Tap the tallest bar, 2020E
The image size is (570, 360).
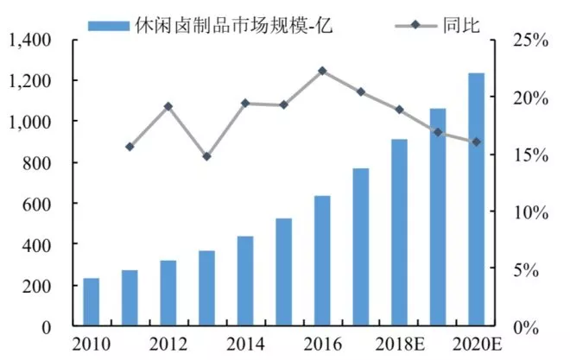pyautogui.click(x=476, y=200)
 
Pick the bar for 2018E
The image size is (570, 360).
pyautogui.click(x=399, y=233)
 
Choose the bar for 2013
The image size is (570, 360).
pyautogui.click(x=206, y=288)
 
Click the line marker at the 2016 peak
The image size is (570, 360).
pyautogui.click(x=322, y=71)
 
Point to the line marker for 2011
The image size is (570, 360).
pyautogui.click(x=130, y=147)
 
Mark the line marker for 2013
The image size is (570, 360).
pyautogui.click(x=206, y=156)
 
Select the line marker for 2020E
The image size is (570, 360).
pyautogui.click(x=476, y=142)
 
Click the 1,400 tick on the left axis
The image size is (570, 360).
pyautogui.click(x=31, y=40)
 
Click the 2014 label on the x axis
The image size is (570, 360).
pyautogui.click(x=245, y=344)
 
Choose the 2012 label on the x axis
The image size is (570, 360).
pyautogui.click(x=168, y=344)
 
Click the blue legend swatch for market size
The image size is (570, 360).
pyautogui.click(x=109, y=24)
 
